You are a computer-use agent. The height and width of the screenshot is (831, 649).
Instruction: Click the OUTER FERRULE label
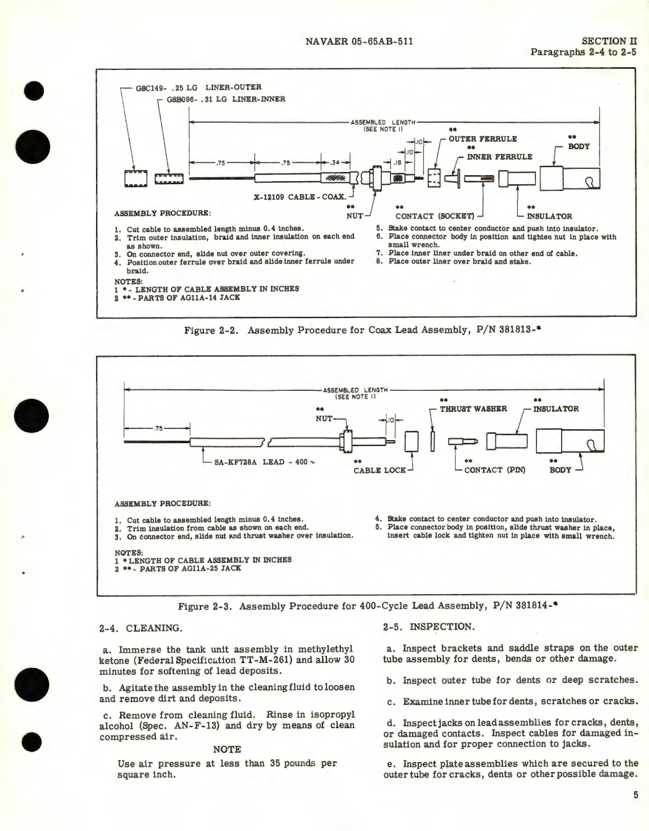point(483,139)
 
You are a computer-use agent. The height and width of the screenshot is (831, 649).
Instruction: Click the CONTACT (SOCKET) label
point(435,216)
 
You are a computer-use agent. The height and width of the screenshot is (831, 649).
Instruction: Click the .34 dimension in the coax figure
point(335,163)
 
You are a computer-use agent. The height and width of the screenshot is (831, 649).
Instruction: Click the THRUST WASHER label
point(473,409)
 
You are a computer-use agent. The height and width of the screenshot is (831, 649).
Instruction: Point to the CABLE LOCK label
point(380,470)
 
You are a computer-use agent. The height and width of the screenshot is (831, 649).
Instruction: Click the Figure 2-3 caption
point(367,607)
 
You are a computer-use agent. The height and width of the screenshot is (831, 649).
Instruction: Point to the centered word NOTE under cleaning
point(227,749)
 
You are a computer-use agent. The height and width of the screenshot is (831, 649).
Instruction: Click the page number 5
point(636,796)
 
